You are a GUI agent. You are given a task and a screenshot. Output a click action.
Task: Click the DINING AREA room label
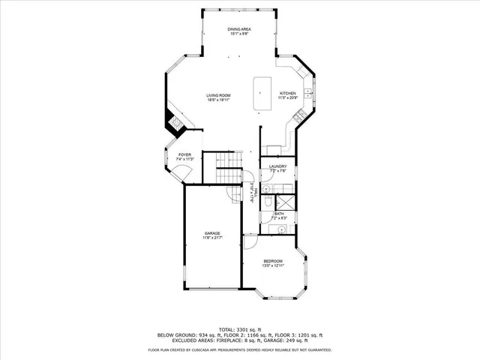coord(239,28)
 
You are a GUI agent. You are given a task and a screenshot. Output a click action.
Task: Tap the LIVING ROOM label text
coord(218,94)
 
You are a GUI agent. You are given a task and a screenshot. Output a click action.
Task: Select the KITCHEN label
coord(288,93)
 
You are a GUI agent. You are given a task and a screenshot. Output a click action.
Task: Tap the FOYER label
coord(184,154)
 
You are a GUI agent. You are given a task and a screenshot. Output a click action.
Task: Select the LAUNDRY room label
coord(278,166)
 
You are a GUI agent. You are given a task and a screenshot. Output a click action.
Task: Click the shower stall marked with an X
coord(286,202)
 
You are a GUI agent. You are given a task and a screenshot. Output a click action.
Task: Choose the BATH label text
coord(279,214)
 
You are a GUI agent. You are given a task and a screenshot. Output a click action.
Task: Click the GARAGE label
coord(212,233)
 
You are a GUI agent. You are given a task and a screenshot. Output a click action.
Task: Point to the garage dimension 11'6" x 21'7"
coord(212,238)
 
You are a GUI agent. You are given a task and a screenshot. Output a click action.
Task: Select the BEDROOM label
coord(272,261)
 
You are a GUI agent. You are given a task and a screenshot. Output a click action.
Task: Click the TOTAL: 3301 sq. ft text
coord(240,329)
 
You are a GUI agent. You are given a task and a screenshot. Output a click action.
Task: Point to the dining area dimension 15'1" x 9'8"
coord(239,34)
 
